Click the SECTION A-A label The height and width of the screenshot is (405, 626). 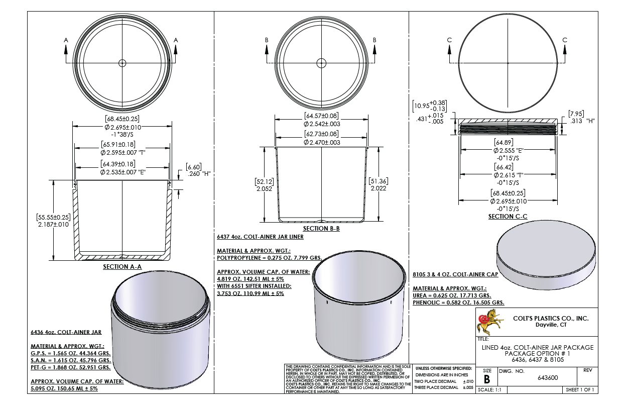point(122,266)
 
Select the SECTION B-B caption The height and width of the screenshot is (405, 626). point(321,229)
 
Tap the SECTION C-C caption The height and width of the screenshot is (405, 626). point(508,217)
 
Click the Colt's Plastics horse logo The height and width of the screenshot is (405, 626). point(489,322)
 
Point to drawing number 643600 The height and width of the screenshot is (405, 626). point(548,378)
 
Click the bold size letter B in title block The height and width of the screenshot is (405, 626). point(487,379)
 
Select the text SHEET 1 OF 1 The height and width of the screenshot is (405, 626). point(580,389)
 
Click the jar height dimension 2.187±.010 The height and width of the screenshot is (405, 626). point(53,224)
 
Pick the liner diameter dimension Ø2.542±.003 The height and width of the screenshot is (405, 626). point(322,124)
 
